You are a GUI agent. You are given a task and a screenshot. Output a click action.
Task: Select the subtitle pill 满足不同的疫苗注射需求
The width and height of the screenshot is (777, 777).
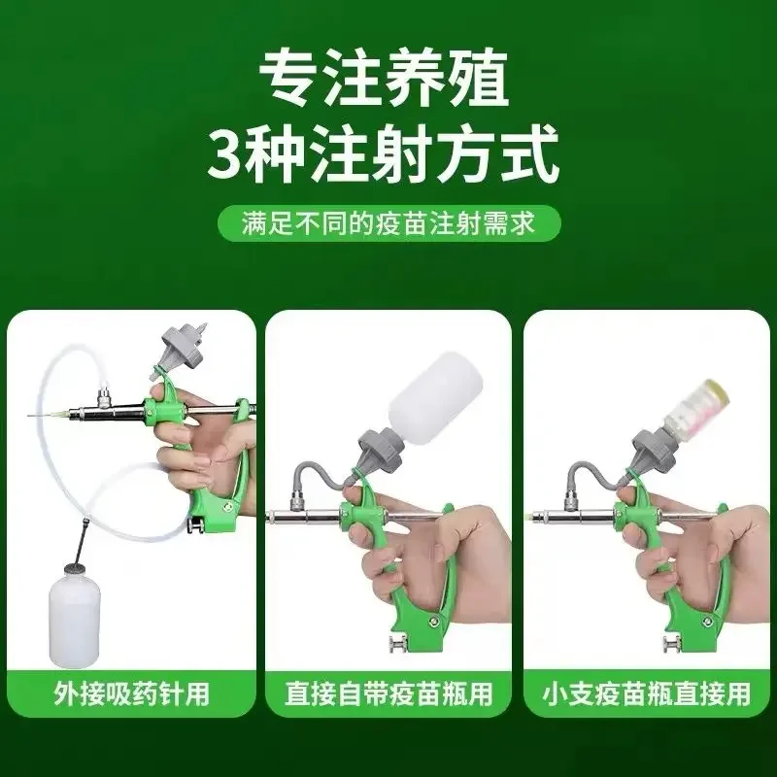389,223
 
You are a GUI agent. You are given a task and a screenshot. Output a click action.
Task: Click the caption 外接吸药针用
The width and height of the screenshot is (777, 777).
131,693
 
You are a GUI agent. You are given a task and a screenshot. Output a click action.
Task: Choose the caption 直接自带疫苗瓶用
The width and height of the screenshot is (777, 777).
388,693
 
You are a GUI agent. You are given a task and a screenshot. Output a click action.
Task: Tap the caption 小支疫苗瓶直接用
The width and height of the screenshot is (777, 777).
647,693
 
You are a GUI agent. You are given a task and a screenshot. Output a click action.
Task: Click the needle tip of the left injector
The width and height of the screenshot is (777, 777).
29,416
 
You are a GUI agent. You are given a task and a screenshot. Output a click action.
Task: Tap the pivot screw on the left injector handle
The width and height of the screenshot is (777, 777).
228,506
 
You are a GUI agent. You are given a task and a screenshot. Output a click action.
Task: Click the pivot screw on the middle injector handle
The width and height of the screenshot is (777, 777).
434,621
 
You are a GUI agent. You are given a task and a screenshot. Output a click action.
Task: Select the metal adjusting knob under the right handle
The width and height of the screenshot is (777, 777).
672,645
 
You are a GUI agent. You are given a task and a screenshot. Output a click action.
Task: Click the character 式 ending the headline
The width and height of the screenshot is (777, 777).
530,154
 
